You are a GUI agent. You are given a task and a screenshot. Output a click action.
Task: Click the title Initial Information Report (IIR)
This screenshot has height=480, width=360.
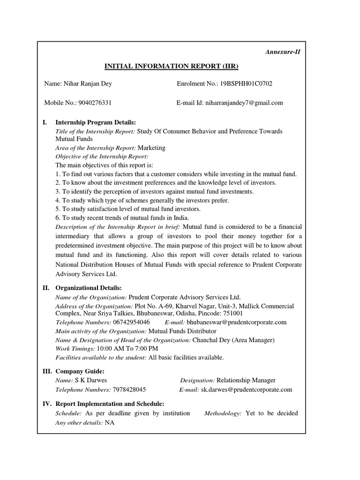tap(171, 66)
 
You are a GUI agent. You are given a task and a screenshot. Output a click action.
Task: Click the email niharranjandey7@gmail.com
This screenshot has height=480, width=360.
tap(242, 103)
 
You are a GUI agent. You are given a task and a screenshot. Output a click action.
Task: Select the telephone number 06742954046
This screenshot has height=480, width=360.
tap(131, 322)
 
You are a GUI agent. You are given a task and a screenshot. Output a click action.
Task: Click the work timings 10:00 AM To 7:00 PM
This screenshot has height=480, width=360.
tap(127, 349)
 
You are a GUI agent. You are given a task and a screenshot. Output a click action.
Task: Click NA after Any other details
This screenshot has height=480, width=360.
tap(109, 422)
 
